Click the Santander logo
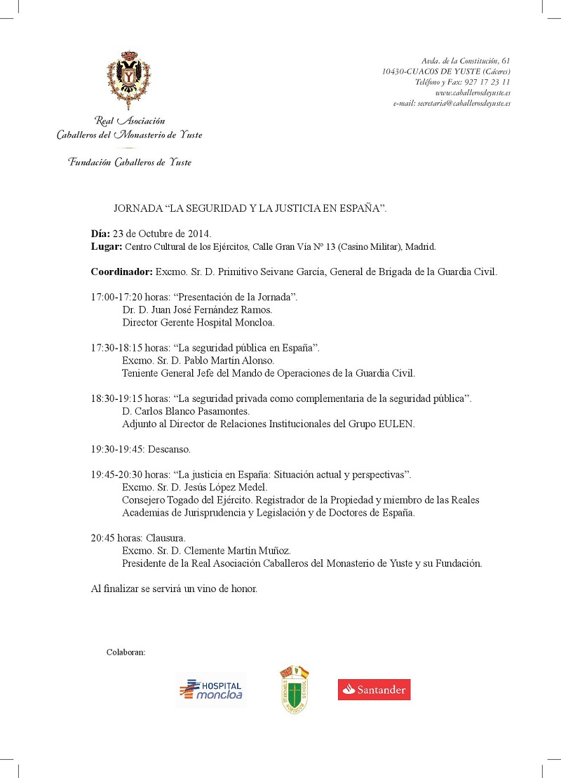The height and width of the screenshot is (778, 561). tap(374, 689)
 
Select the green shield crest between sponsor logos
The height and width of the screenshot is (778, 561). tap(295, 690)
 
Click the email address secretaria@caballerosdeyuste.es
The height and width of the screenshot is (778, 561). tap(464, 103)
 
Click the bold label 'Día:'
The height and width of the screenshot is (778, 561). tap(101, 234)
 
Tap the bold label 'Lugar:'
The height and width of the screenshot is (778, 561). tap(107, 246)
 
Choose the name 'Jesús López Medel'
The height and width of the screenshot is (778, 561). tap(217, 487)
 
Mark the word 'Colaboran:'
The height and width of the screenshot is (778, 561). tap(126, 652)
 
